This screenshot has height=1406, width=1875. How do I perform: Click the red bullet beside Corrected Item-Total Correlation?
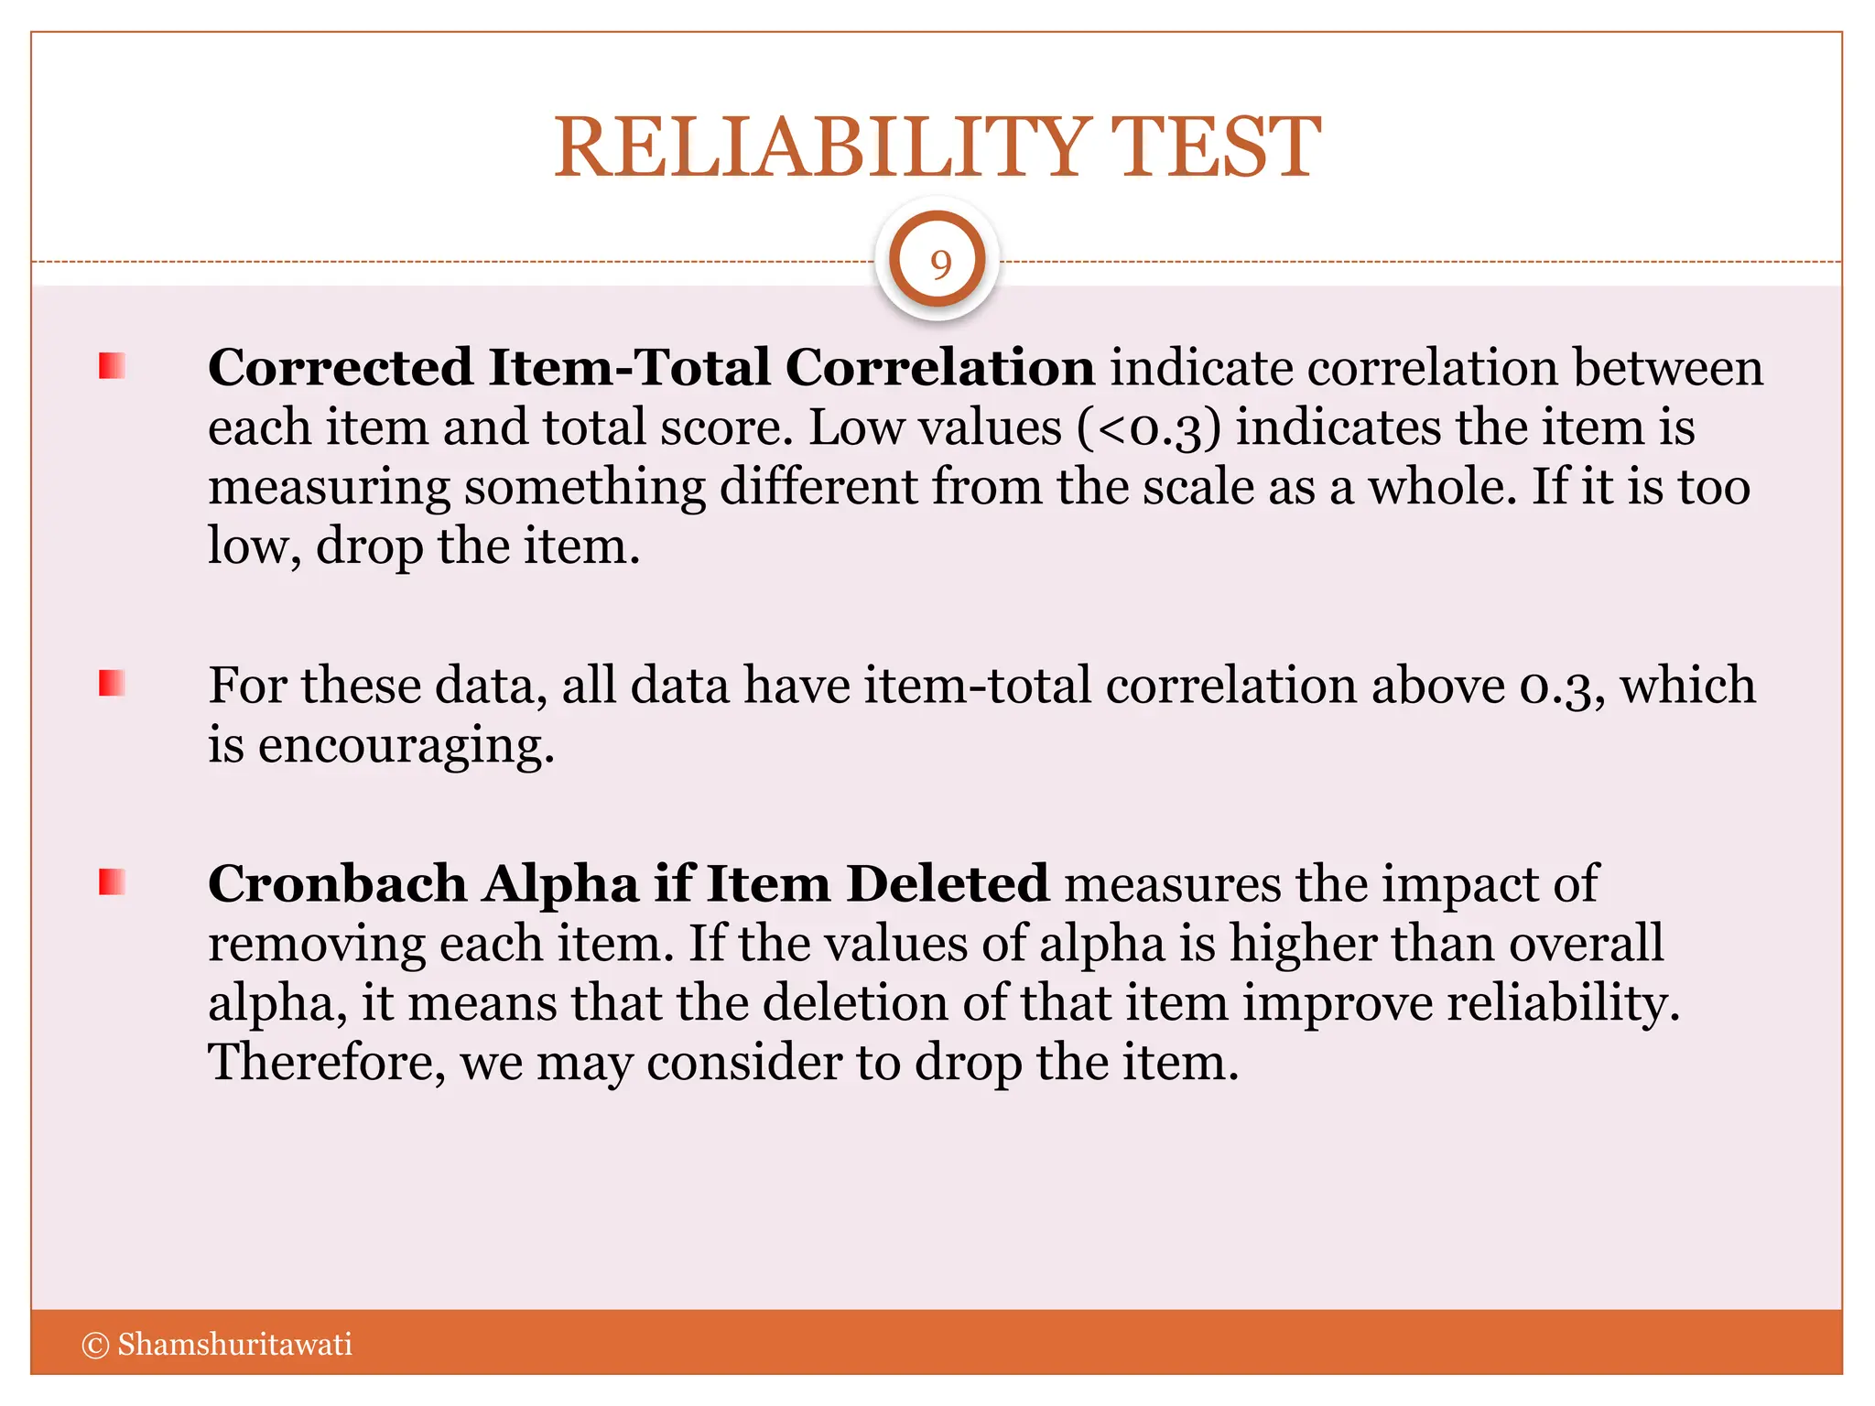(112, 366)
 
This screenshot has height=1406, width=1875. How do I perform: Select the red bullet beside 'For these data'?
(112, 683)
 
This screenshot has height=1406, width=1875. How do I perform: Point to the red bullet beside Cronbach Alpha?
(112, 882)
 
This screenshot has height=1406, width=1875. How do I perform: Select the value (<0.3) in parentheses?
(1148, 428)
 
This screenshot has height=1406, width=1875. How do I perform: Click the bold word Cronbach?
(337, 884)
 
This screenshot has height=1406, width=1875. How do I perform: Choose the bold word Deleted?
(948, 884)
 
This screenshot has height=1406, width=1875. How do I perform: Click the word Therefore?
(326, 1063)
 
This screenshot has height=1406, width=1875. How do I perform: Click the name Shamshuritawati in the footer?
(234, 1344)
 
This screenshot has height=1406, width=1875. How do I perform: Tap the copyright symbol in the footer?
(95, 1345)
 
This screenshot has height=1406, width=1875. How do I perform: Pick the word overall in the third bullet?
(1586, 944)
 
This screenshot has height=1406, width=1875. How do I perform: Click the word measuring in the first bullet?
(329, 489)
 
